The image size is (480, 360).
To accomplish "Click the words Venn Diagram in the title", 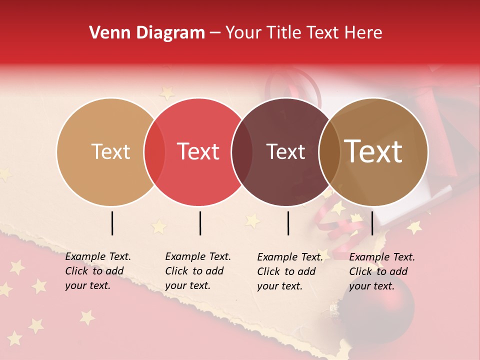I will click(x=147, y=33).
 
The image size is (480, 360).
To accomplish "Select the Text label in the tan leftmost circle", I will click(x=110, y=151).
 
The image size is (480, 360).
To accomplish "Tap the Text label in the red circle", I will click(x=198, y=151).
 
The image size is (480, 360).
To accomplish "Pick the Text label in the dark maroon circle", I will click(x=285, y=151).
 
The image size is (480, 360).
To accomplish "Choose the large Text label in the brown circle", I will click(x=373, y=151).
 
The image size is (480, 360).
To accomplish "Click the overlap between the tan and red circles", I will click(x=154, y=152).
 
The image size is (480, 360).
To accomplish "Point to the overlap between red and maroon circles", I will click(x=242, y=152).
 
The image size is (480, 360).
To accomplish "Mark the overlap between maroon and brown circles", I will click(x=329, y=152).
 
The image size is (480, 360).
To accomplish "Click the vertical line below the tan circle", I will click(x=112, y=223).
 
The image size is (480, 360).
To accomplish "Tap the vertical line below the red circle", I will click(x=200, y=223).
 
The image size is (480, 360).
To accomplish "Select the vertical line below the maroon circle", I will click(x=288, y=223).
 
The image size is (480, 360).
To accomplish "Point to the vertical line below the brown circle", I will click(x=372, y=223).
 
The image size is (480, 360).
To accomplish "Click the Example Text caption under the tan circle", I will click(x=98, y=271).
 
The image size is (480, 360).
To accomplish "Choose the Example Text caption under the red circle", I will click(x=198, y=271).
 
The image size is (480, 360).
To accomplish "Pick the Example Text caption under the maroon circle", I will click(x=290, y=271).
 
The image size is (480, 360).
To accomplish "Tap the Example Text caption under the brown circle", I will click(x=382, y=271).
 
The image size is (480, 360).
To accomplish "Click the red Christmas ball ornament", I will click(x=379, y=309).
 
